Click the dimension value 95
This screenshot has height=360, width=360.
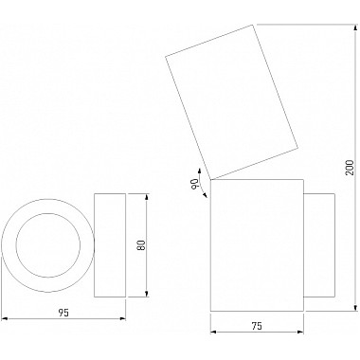pyautogui.click(x=63, y=313)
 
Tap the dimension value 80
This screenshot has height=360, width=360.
pyautogui.click(x=141, y=245)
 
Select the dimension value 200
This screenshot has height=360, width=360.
pyautogui.click(x=351, y=167)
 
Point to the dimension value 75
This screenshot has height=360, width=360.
pyautogui.click(x=257, y=326)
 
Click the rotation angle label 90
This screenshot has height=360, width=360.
pyautogui.click(x=194, y=184)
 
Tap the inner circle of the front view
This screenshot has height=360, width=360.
pyautogui.click(x=48, y=213)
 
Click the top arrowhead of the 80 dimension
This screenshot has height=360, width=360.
pyautogui.click(x=147, y=197)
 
